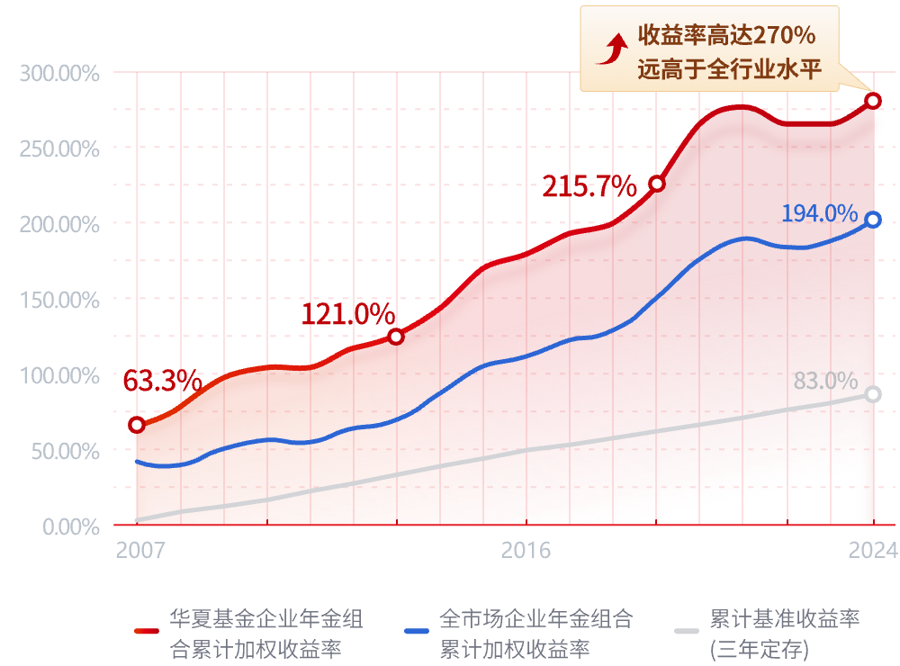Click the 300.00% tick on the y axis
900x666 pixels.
(x=59, y=73)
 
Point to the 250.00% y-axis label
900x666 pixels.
(x=59, y=148)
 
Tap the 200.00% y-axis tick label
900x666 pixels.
(x=59, y=224)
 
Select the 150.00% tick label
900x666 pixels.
(x=59, y=300)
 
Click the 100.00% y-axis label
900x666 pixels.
(x=59, y=375)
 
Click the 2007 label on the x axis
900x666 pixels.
(x=140, y=550)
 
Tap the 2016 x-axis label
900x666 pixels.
(x=526, y=550)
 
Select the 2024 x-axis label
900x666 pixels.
(x=872, y=550)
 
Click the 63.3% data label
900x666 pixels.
(x=162, y=381)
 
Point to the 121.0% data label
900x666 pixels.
(x=347, y=315)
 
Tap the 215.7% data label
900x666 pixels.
(x=589, y=187)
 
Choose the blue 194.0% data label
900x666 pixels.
(x=819, y=213)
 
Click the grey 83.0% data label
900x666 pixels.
(x=825, y=381)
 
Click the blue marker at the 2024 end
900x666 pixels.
(x=872, y=220)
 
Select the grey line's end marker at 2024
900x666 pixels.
(x=872, y=394)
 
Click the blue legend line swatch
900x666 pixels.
(x=417, y=631)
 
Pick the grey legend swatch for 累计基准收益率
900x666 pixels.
(x=688, y=631)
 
